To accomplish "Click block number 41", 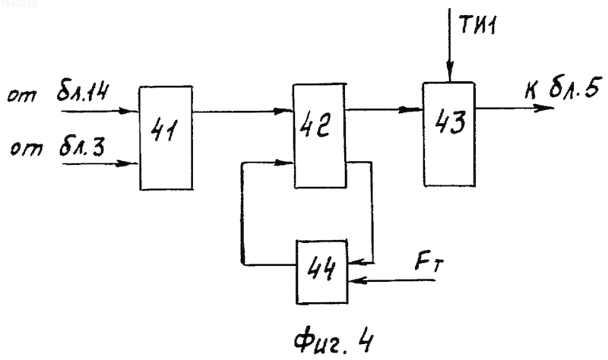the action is (166, 138).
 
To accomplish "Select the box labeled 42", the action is (319, 136).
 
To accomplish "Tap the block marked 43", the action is (449, 134).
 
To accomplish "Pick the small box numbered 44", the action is (321, 272).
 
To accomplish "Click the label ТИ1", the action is (478, 25).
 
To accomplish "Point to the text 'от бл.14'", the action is (59, 93).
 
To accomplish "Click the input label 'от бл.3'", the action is (58, 147).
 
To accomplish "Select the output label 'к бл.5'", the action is (563, 88).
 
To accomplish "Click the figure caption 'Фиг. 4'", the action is (334, 341).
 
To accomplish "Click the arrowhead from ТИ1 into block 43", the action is (449, 72).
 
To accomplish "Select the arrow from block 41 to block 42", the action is (242, 112).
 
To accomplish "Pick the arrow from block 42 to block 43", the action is (385, 109).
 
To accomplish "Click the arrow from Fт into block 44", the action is (391, 279).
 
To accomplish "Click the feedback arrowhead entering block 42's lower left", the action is (283, 163).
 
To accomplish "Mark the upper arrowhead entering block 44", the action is (357, 263).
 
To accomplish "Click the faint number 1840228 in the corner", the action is (18, 5).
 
